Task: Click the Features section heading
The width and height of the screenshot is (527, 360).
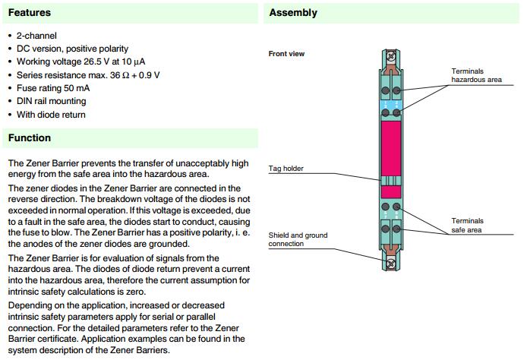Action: click(30, 13)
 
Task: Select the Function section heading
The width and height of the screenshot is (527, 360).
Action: click(30, 137)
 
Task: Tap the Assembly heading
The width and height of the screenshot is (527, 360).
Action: click(293, 13)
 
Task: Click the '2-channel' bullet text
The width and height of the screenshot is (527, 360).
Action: click(36, 36)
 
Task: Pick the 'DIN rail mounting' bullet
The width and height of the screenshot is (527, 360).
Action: click(53, 101)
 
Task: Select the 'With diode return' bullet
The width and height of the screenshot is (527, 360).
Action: click(51, 115)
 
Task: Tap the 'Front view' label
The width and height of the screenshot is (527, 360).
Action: click(287, 54)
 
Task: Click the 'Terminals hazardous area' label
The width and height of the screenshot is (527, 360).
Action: click(476, 75)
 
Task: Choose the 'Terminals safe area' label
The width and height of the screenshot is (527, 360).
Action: click(467, 225)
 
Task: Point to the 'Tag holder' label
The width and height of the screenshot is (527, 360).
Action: click(287, 169)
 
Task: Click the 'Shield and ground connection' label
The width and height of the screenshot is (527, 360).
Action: click(298, 239)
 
